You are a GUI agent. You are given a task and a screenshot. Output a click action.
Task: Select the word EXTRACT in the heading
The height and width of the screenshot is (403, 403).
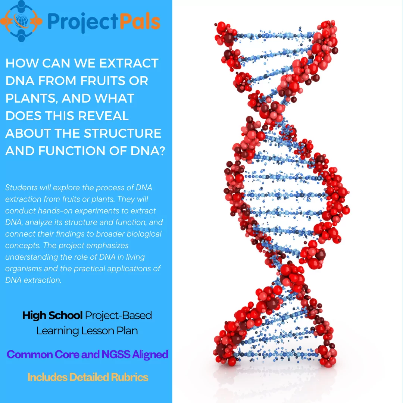tap(129, 63)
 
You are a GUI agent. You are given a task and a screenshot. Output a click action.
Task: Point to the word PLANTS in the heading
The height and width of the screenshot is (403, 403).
tap(31, 98)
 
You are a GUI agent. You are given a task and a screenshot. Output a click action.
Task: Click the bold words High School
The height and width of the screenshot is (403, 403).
tap(52, 315)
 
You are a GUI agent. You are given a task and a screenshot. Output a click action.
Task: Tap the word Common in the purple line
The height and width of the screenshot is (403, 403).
tap(25, 354)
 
